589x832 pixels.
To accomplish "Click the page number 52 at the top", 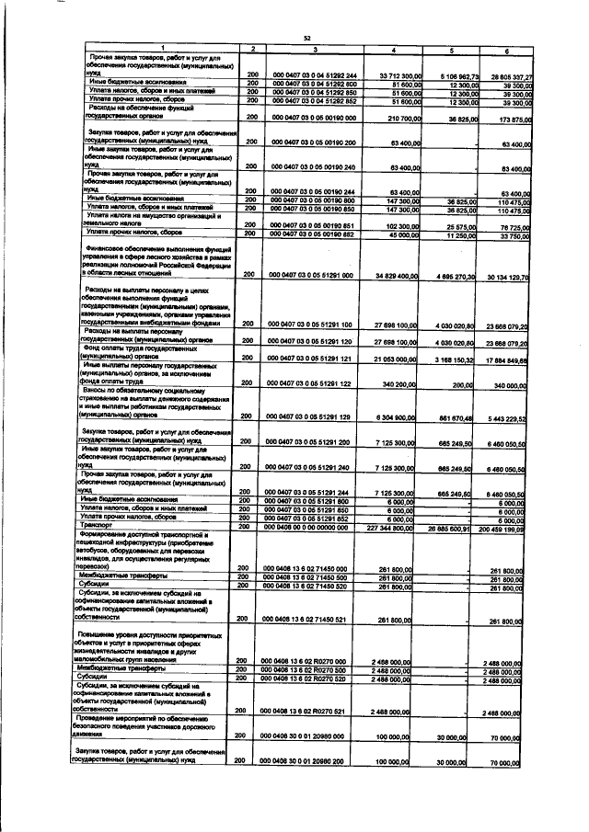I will point(305,37).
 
